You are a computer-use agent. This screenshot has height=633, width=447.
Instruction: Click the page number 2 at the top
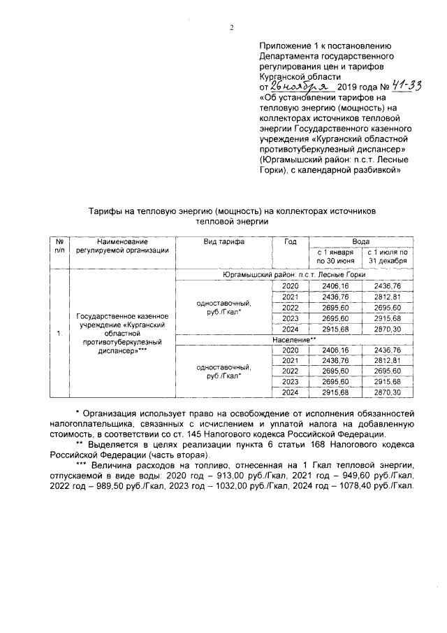tap(231, 28)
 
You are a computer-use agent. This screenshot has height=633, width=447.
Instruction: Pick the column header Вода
tap(360, 241)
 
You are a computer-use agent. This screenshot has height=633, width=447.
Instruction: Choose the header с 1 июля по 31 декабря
tap(387, 256)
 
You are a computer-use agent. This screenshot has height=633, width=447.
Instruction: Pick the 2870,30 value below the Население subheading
tap(387, 392)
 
